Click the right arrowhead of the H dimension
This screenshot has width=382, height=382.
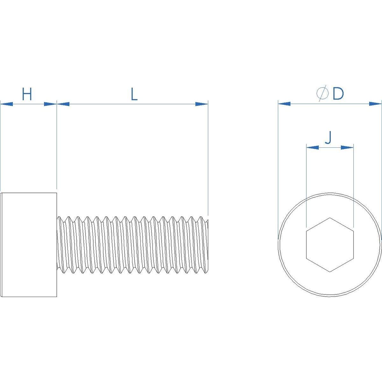pyautogui.click(x=50, y=104)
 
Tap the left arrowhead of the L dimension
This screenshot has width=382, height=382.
pyautogui.click(x=63, y=104)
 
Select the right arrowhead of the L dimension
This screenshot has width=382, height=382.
pyautogui.click(x=201, y=104)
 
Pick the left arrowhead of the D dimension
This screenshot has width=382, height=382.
pyautogui.click(x=285, y=103)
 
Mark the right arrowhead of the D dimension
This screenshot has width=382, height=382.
pyautogui.click(x=375, y=103)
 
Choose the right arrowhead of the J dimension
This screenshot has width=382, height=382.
pyautogui.click(x=347, y=147)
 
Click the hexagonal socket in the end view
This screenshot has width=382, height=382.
pyautogui.click(x=330, y=244)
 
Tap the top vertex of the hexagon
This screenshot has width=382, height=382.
pyautogui.click(x=330, y=218)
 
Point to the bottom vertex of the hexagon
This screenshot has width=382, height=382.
pyautogui.click(x=330, y=272)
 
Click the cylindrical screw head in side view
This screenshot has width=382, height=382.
pyautogui.click(x=29, y=244)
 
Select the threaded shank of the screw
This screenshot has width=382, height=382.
pyautogui.click(x=132, y=244)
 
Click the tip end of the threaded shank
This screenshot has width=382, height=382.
pyautogui.click(x=207, y=244)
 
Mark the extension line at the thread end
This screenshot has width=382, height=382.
pyautogui.click(x=208, y=159)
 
